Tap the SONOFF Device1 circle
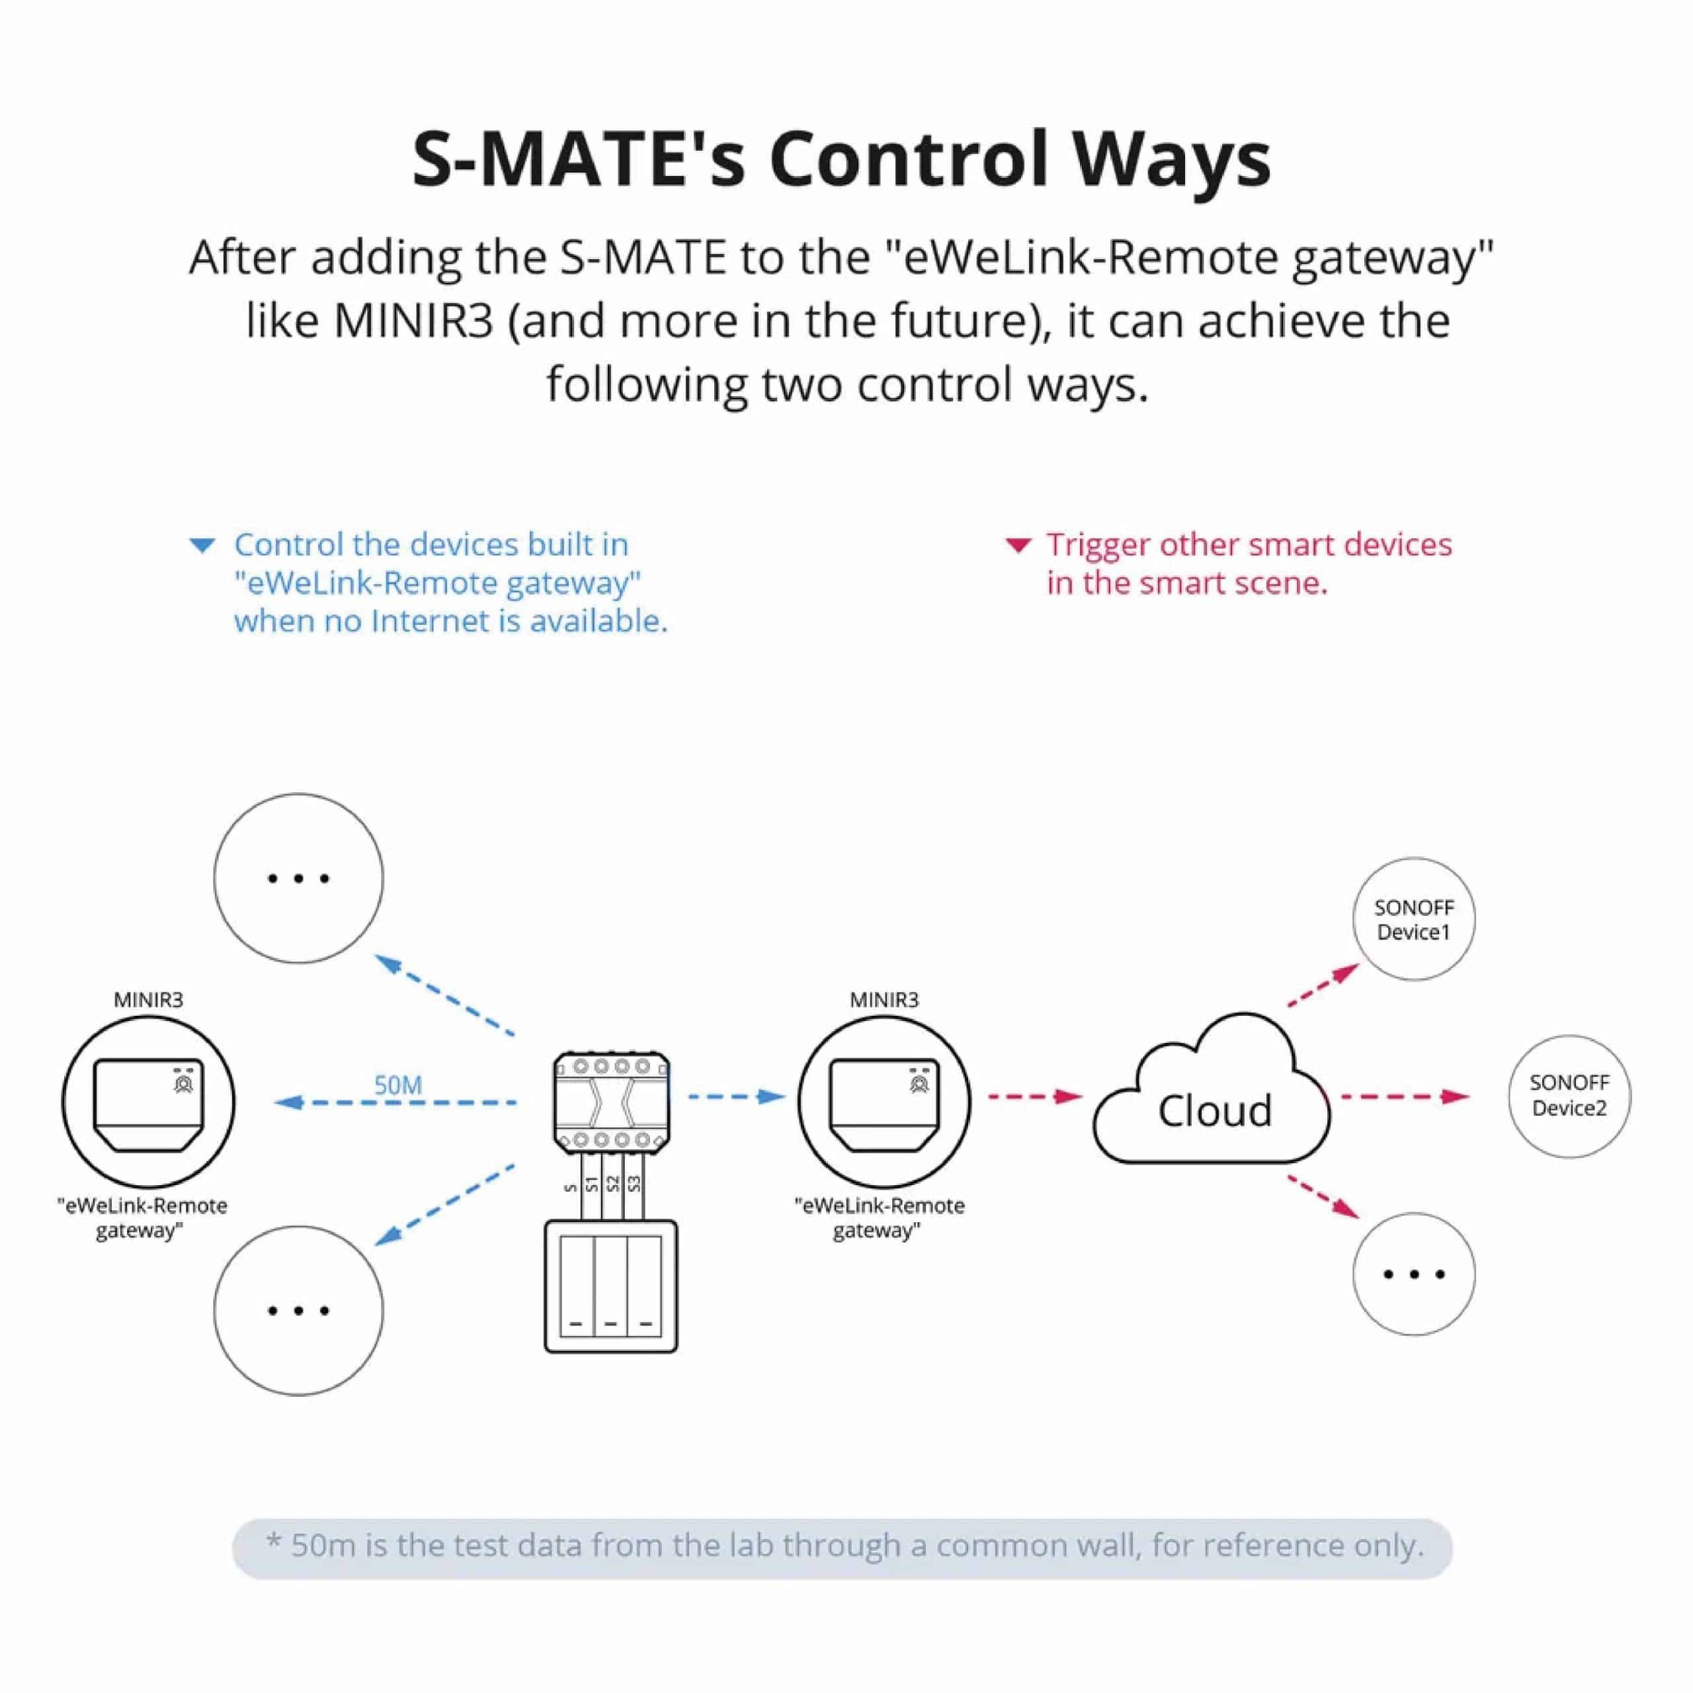tap(1413, 919)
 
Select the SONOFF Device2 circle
tap(1569, 1096)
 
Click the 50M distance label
tap(398, 1085)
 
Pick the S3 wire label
tap(634, 1184)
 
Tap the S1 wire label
tap(591, 1184)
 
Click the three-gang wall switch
tap(611, 1286)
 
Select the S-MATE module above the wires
tap(611, 1103)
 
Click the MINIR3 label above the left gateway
tap(148, 1000)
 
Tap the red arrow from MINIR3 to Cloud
tap(1035, 1096)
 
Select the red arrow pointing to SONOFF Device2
tap(1404, 1096)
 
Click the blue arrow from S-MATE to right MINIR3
tap(736, 1096)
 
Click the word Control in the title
tap(909, 159)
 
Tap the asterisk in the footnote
tap(273, 1542)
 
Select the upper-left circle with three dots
tap(298, 878)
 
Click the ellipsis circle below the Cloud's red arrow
tap(1413, 1274)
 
